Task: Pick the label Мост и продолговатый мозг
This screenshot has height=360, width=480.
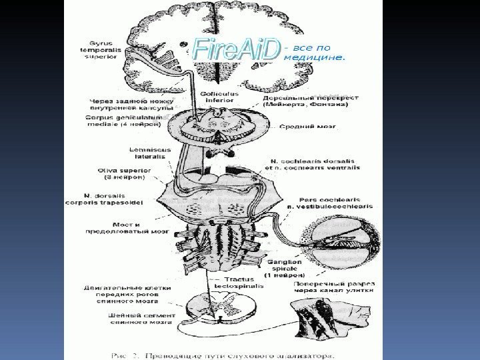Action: [x=127, y=228]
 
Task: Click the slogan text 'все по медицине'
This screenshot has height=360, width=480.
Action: [x=315, y=53]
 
